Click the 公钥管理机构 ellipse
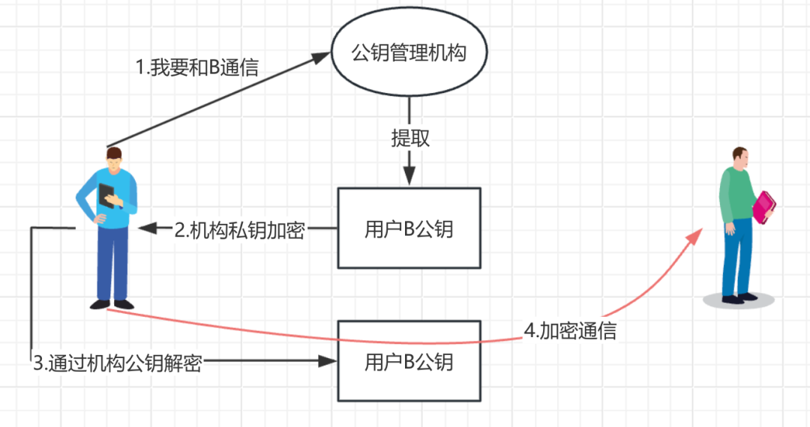click(409, 54)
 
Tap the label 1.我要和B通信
click(197, 68)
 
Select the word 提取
click(409, 138)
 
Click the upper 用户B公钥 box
click(409, 228)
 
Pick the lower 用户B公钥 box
click(409, 361)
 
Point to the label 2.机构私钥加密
click(239, 230)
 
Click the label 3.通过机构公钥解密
click(118, 363)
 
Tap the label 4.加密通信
click(570, 330)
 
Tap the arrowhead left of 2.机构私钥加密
click(147, 227)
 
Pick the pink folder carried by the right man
click(763, 207)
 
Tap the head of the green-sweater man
click(739, 157)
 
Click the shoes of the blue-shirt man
click(112, 304)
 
